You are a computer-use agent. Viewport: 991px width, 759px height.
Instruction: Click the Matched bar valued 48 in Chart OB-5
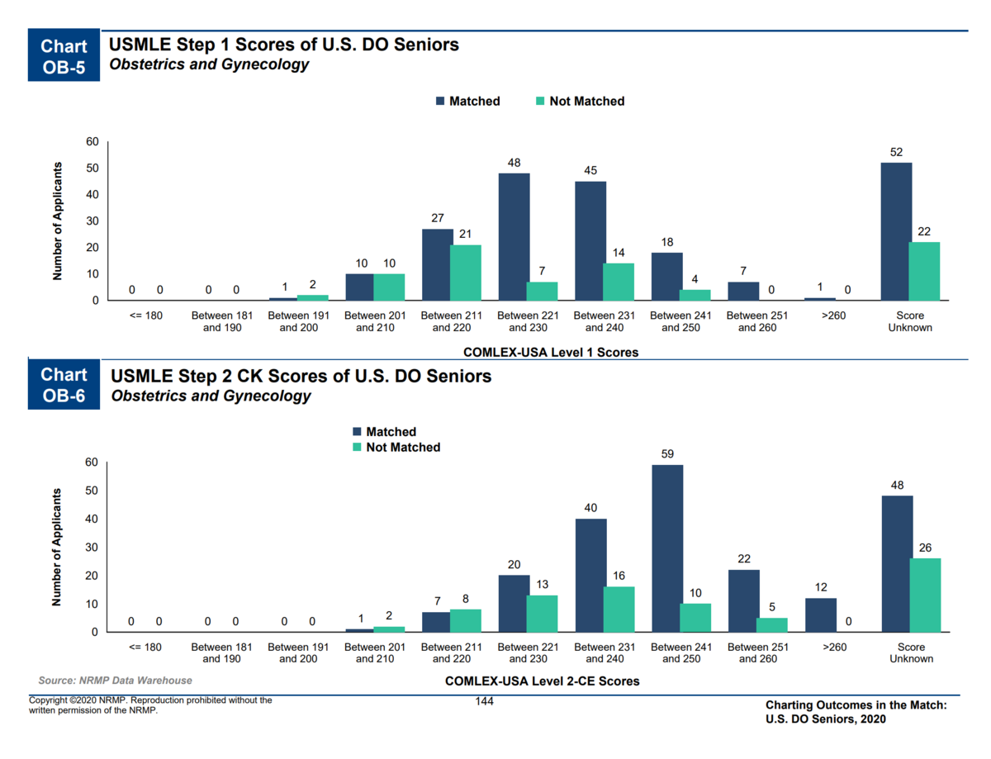point(514,237)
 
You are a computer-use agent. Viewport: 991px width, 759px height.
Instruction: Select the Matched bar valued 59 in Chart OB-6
point(667,548)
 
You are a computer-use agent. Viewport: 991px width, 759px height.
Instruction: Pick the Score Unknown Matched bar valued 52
point(896,231)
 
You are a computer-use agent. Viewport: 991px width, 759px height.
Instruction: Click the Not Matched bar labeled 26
point(925,595)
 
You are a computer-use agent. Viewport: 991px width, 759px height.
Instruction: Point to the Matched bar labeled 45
point(590,241)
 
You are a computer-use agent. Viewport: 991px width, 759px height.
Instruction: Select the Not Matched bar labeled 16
point(619,610)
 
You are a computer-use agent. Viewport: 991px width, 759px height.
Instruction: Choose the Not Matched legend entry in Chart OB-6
point(396,447)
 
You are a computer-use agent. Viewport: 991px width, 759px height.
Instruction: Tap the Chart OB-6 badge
point(64,386)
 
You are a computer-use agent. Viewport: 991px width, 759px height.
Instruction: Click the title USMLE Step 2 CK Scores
point(301,377)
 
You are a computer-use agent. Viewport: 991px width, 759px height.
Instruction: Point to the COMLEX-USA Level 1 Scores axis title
point(551,352)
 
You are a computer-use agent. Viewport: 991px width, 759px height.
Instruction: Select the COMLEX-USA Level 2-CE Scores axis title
point(542,681)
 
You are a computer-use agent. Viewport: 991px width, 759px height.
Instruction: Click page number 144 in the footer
point(485,701)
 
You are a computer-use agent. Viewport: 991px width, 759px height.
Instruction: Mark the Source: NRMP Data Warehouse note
point(115,681)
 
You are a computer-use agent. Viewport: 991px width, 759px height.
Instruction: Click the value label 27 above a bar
point(437,219)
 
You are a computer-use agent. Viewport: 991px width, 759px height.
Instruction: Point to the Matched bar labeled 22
point(743,600)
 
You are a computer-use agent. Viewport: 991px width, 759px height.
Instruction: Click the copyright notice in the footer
point(150,704)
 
